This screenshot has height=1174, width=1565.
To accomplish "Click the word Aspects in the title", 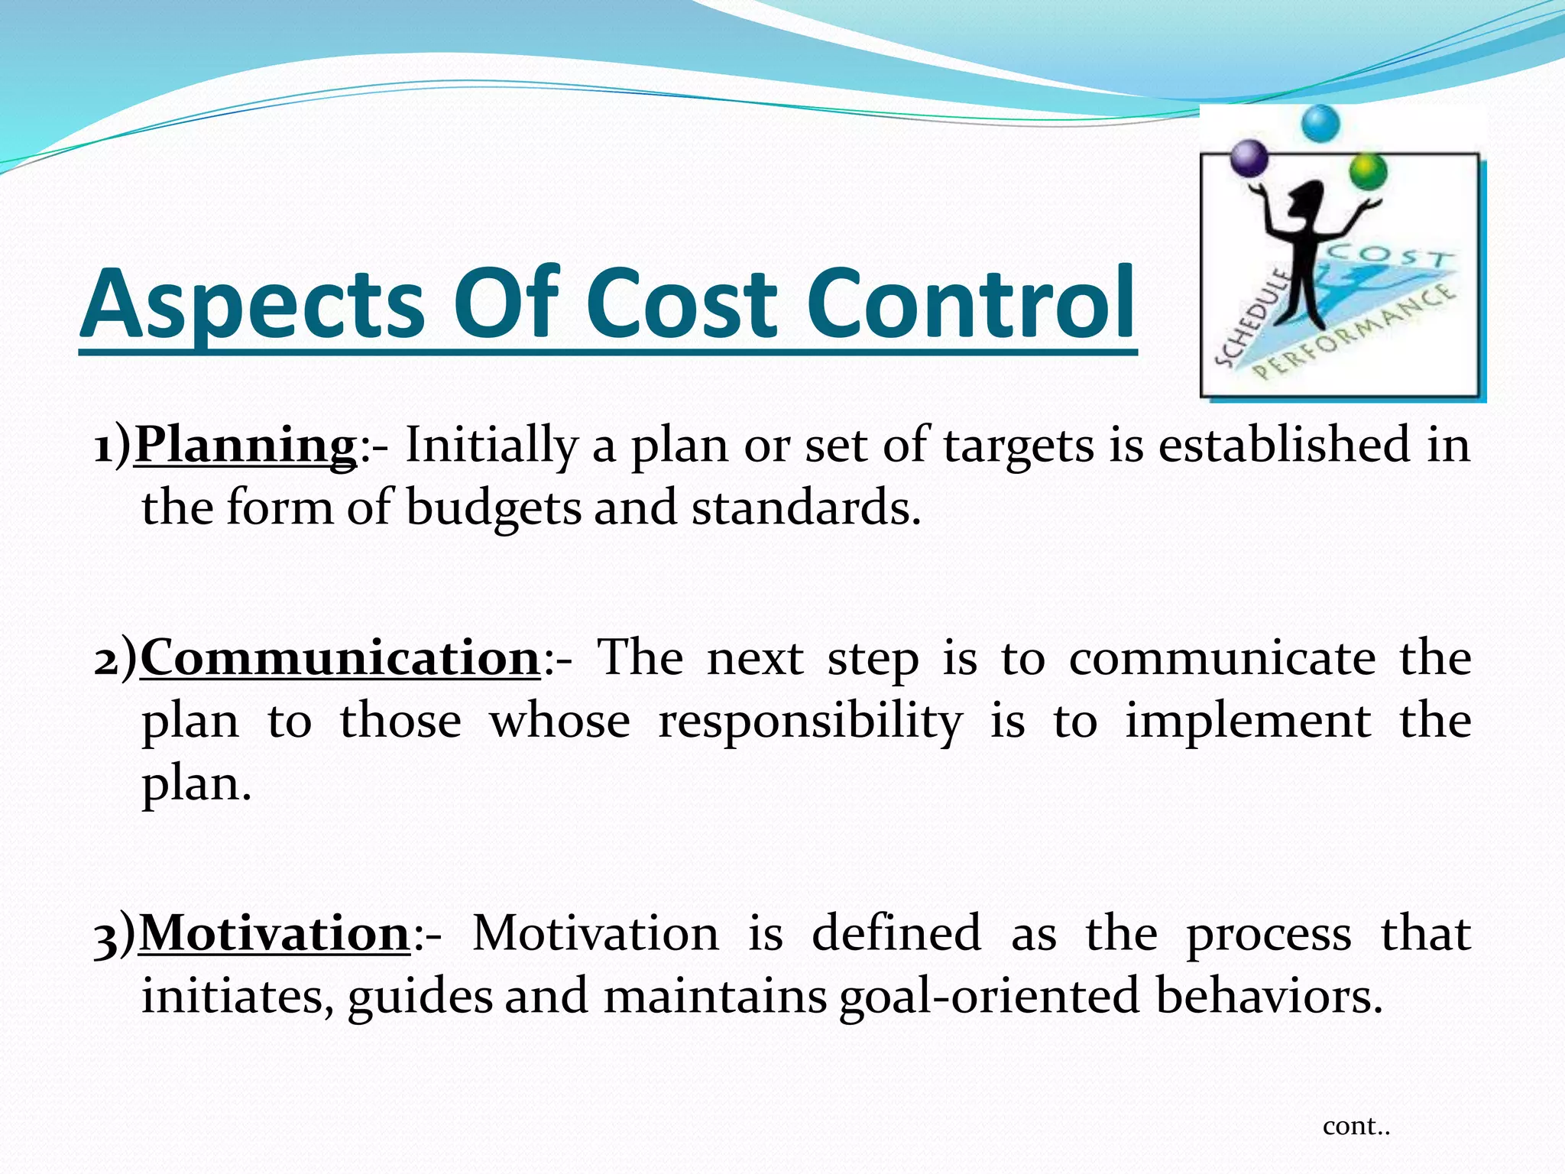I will pyautogui.click(x=252, y=304).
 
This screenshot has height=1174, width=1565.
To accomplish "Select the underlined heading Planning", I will pyautogui.click(x=245, y=445).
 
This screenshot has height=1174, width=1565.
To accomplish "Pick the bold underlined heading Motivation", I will pyautogui.click(x=276, y=933).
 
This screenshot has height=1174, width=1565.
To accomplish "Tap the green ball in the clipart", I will pyautogui.click(x=1368, y=173).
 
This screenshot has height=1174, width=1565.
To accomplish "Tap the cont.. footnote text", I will pyautogui.click(x=1356, y=1126).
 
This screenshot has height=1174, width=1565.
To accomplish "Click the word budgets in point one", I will pyautogui.click(x=494, y=508).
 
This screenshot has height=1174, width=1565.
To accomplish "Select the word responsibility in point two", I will pyautogui.click(x=810, y=721).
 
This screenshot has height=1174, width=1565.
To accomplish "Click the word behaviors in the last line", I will pyautogui.click(x=1269, y=997).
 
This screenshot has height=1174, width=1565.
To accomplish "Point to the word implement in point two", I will pyautogui.click(x=1247, y=721).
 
